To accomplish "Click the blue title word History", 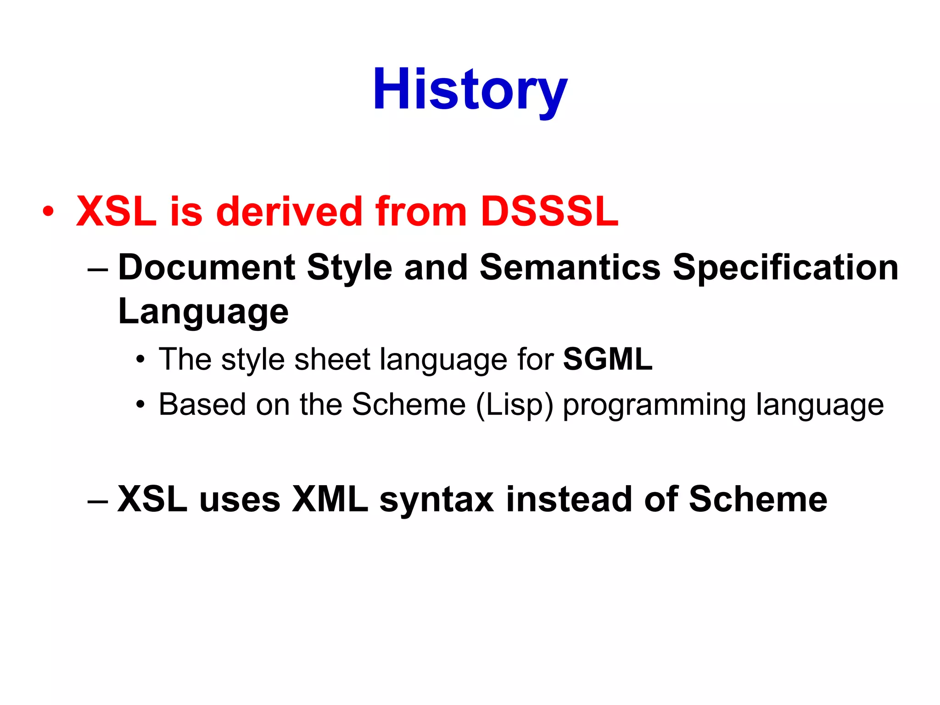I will click(470, 90).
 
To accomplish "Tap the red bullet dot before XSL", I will click(48, 212).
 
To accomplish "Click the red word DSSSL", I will click(549, 212).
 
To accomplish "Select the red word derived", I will click(289, 212).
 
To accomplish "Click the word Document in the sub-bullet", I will click(207, 268).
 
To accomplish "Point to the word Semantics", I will click(570, 268).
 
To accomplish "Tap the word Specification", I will click(785, 268).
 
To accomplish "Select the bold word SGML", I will click(607, 359).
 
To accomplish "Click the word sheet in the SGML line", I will click(332, 360).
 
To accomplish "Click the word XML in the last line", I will click(330, 499).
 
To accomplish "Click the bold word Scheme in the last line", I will click(758, 499).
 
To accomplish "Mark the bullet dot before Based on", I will click(140, 405).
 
